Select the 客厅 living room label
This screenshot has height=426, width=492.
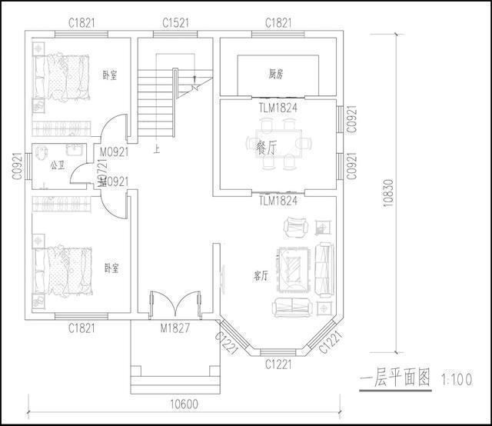(x=261, y=275)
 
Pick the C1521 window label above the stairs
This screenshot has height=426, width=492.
(x=177, y=23)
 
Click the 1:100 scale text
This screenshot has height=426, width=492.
(x=457, y=380)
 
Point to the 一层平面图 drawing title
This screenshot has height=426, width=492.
(x=397, y=379)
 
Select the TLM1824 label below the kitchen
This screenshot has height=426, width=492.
(x=278, y=108)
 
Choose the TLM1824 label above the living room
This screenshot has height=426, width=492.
(x=278, y=201)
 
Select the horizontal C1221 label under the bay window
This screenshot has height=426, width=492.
(x=278, y=364)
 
